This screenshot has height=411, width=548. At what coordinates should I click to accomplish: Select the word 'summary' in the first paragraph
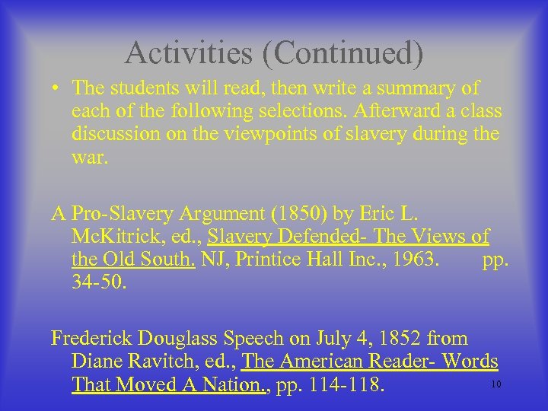[421, 89]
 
